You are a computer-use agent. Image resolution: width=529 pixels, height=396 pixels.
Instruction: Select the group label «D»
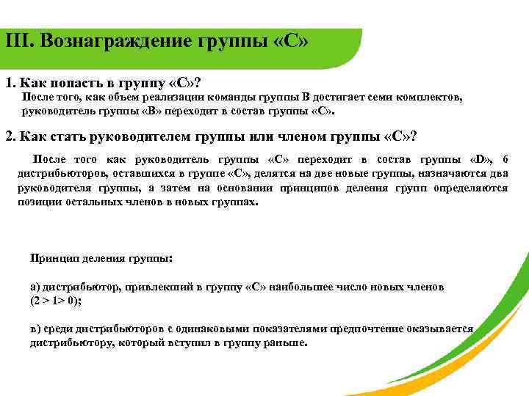(x=480, y=159)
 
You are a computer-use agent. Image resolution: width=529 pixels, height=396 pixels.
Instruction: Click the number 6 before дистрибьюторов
(x=503, y=159)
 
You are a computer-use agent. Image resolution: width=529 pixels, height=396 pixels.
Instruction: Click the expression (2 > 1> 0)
(x=54, y=301)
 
